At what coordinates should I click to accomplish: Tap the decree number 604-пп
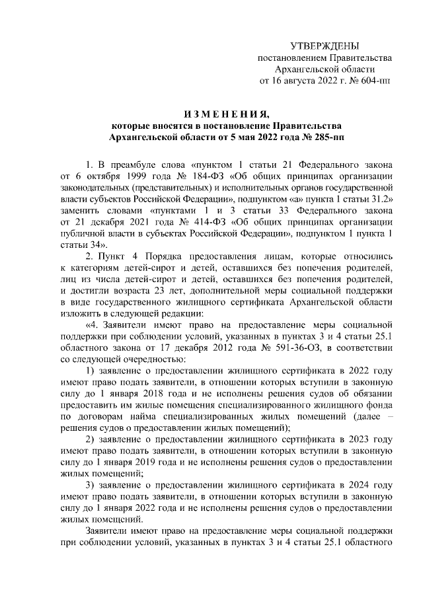tap(373, 81)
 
